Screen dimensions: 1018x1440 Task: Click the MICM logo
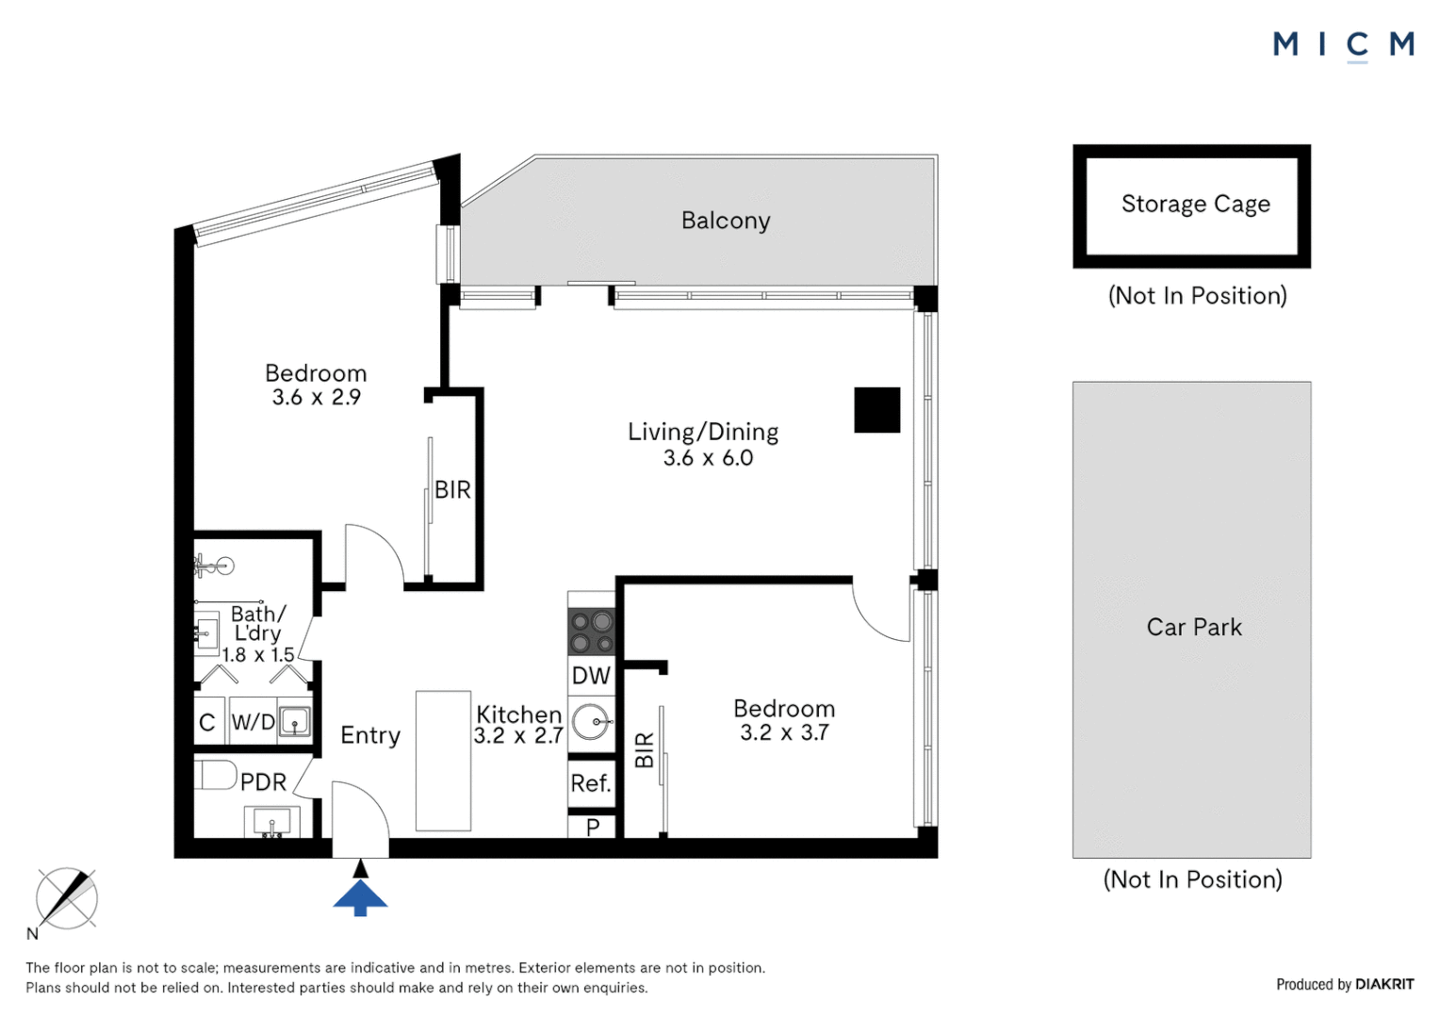point(1343,44)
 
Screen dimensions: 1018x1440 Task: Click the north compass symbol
point(66,898)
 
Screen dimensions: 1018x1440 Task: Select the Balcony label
point(726,221)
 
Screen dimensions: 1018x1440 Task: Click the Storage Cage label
point(1195,205)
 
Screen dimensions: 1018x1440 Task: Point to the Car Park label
point(1194,627)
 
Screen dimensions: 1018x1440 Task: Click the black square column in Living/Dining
point(876,410)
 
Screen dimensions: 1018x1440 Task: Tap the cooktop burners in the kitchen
point(592,632)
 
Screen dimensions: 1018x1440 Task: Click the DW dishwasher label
point(591,675)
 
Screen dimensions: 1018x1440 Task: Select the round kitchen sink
point(592,722)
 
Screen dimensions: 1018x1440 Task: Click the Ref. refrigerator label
point(591,783)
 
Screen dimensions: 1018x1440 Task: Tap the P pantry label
point(593,827)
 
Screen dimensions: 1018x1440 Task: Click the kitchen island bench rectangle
point(443,761)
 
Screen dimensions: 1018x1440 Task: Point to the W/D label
point(253,722)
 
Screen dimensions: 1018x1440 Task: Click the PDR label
point(263,782)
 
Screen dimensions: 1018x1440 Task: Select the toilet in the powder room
point(215,775)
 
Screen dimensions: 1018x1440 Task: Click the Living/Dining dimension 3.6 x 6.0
point(708,458)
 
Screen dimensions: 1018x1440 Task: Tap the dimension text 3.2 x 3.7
point(784,732)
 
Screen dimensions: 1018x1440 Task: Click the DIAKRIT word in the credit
point(1384,984)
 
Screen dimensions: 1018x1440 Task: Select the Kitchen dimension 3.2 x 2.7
point(518,735)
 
